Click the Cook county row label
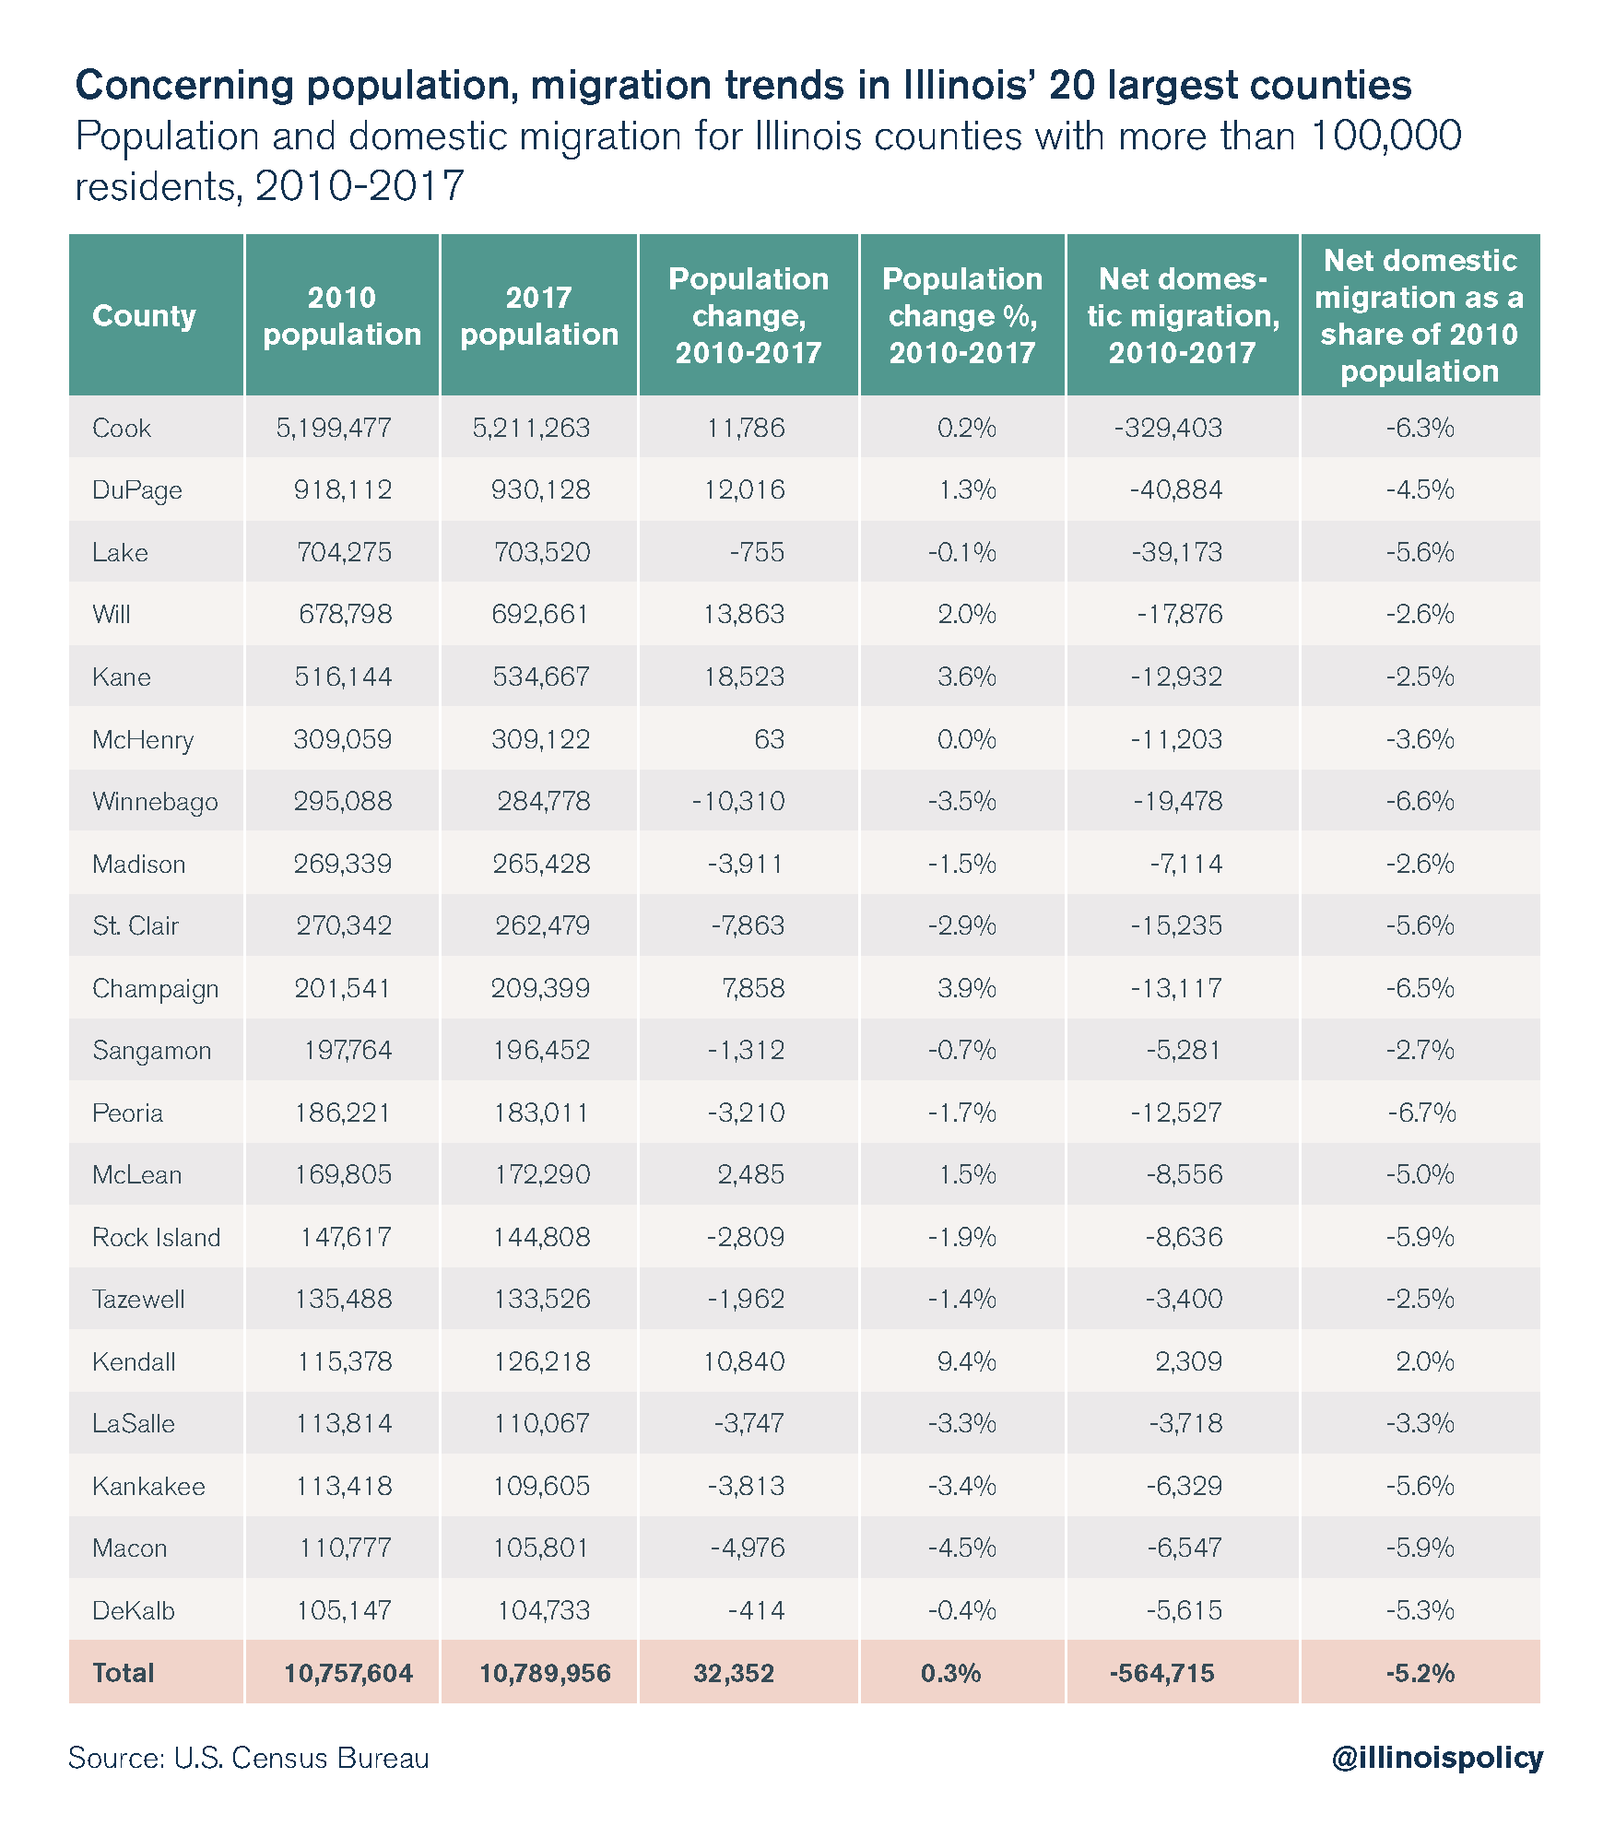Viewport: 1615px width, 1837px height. pyautogui.click(x=122, y=428)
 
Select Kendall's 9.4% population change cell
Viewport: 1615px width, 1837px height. pyautogui.click(x=965, y=1361)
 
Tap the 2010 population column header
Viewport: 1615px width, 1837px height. pyautogui.click(x=342, y=315)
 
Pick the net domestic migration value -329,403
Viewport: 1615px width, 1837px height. pyautogui.click(x=1168, y=428)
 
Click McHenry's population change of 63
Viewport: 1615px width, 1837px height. pyautogui.click(x=769, y=739)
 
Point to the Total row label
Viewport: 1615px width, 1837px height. pyautogui.click(x=124, y=1673)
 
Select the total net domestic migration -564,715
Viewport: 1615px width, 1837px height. pyautogui.click(x=1161, y=1673)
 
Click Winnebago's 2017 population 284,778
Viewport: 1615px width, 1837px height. pyautogui.click(x=544, y=801)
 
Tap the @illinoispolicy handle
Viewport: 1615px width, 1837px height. pyautogui.click(x=1436, y=1757)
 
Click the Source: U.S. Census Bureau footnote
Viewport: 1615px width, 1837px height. pyautogui.click(x=249, y=1758)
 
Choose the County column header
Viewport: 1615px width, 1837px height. pyautogui.click(x=145, y=315)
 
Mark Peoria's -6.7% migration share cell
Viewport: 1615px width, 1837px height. pyautogui.click(x=1421, y=1113)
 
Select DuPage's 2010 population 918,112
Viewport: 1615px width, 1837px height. pyautogui.click(x=343, y=489)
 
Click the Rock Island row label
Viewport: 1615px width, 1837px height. pyautogui.click(x=157, y=1237)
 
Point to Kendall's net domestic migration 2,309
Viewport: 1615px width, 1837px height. pyautogui.click(x=1188, y=1361)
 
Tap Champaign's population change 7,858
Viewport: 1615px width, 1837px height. pyautogui.click(x=753, y=988)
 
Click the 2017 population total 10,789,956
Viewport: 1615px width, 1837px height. pyautogui.click(x=545, y=1673)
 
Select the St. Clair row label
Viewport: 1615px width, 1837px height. pyautogui.click(x=136, y=925)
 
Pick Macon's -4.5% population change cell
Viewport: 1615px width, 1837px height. pyautogui.click(x=961, y=1548)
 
